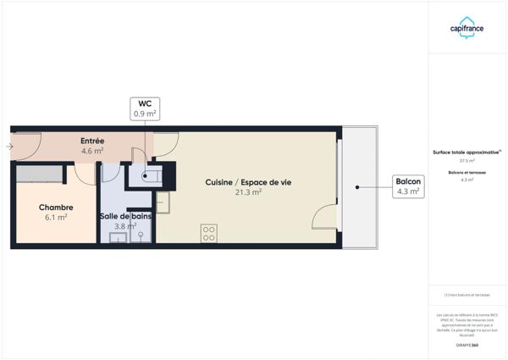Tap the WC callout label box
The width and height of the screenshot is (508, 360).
pos(145,108)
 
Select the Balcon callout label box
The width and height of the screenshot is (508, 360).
pos(407,186)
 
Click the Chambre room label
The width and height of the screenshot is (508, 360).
pos(56,208)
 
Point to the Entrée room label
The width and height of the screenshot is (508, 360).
pos(92,141)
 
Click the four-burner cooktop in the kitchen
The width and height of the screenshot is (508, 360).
pos(209,234)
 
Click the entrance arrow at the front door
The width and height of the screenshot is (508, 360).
pos(9,147)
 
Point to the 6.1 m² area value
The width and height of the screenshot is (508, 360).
pos(56,218)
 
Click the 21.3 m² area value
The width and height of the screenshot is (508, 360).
pos(249,193)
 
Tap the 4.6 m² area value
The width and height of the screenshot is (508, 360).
pos(92,151)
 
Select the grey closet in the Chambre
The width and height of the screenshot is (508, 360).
pos(39,174)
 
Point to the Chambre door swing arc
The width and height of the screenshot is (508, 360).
pos(84,174)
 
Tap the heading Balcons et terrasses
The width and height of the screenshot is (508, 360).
pos(467,173)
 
